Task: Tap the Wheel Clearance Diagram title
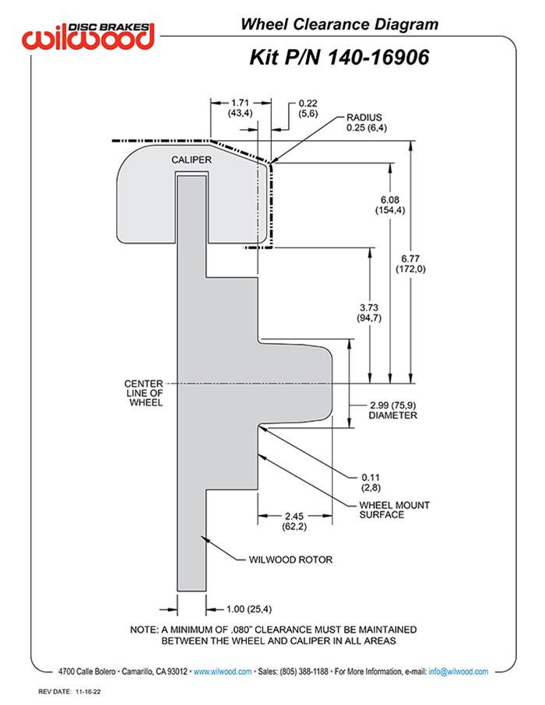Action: click(x=339, y=24)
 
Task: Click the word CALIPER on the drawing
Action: click(x=190, y=159)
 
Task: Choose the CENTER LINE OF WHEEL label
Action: click(x=143, y=393)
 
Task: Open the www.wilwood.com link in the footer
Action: click(x=222, y=672)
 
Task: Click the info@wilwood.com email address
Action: click(x=459, y=672)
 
